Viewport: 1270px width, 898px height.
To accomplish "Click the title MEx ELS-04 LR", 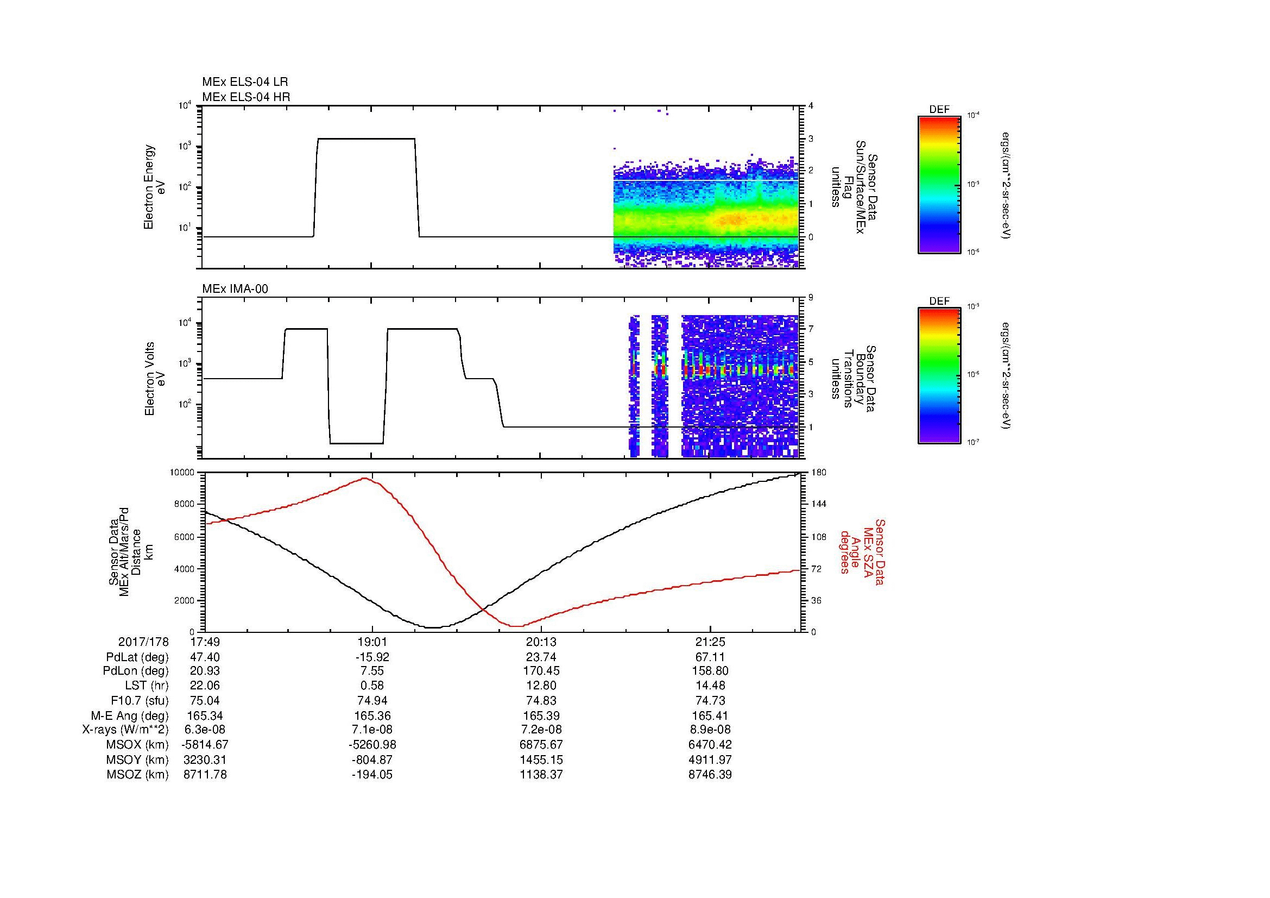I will coord(244,82).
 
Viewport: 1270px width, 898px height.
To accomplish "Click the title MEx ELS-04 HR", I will coord(245,97).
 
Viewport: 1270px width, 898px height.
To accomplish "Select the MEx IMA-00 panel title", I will coord(235,289).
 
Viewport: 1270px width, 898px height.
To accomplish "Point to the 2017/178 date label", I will coord(143,642).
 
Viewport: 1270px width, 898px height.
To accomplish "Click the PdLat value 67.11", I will coord(710,657).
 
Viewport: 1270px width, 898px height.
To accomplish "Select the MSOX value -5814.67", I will coord(205,745).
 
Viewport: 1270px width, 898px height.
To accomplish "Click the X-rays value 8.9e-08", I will coord(710,730).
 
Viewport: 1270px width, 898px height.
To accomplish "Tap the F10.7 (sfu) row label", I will coord(140,700).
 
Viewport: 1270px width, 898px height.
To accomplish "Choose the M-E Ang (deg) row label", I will coord(132,715).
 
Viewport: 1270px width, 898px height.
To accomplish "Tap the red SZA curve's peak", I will coord(365,478).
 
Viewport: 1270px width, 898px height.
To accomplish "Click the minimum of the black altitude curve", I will coord(433,627).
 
